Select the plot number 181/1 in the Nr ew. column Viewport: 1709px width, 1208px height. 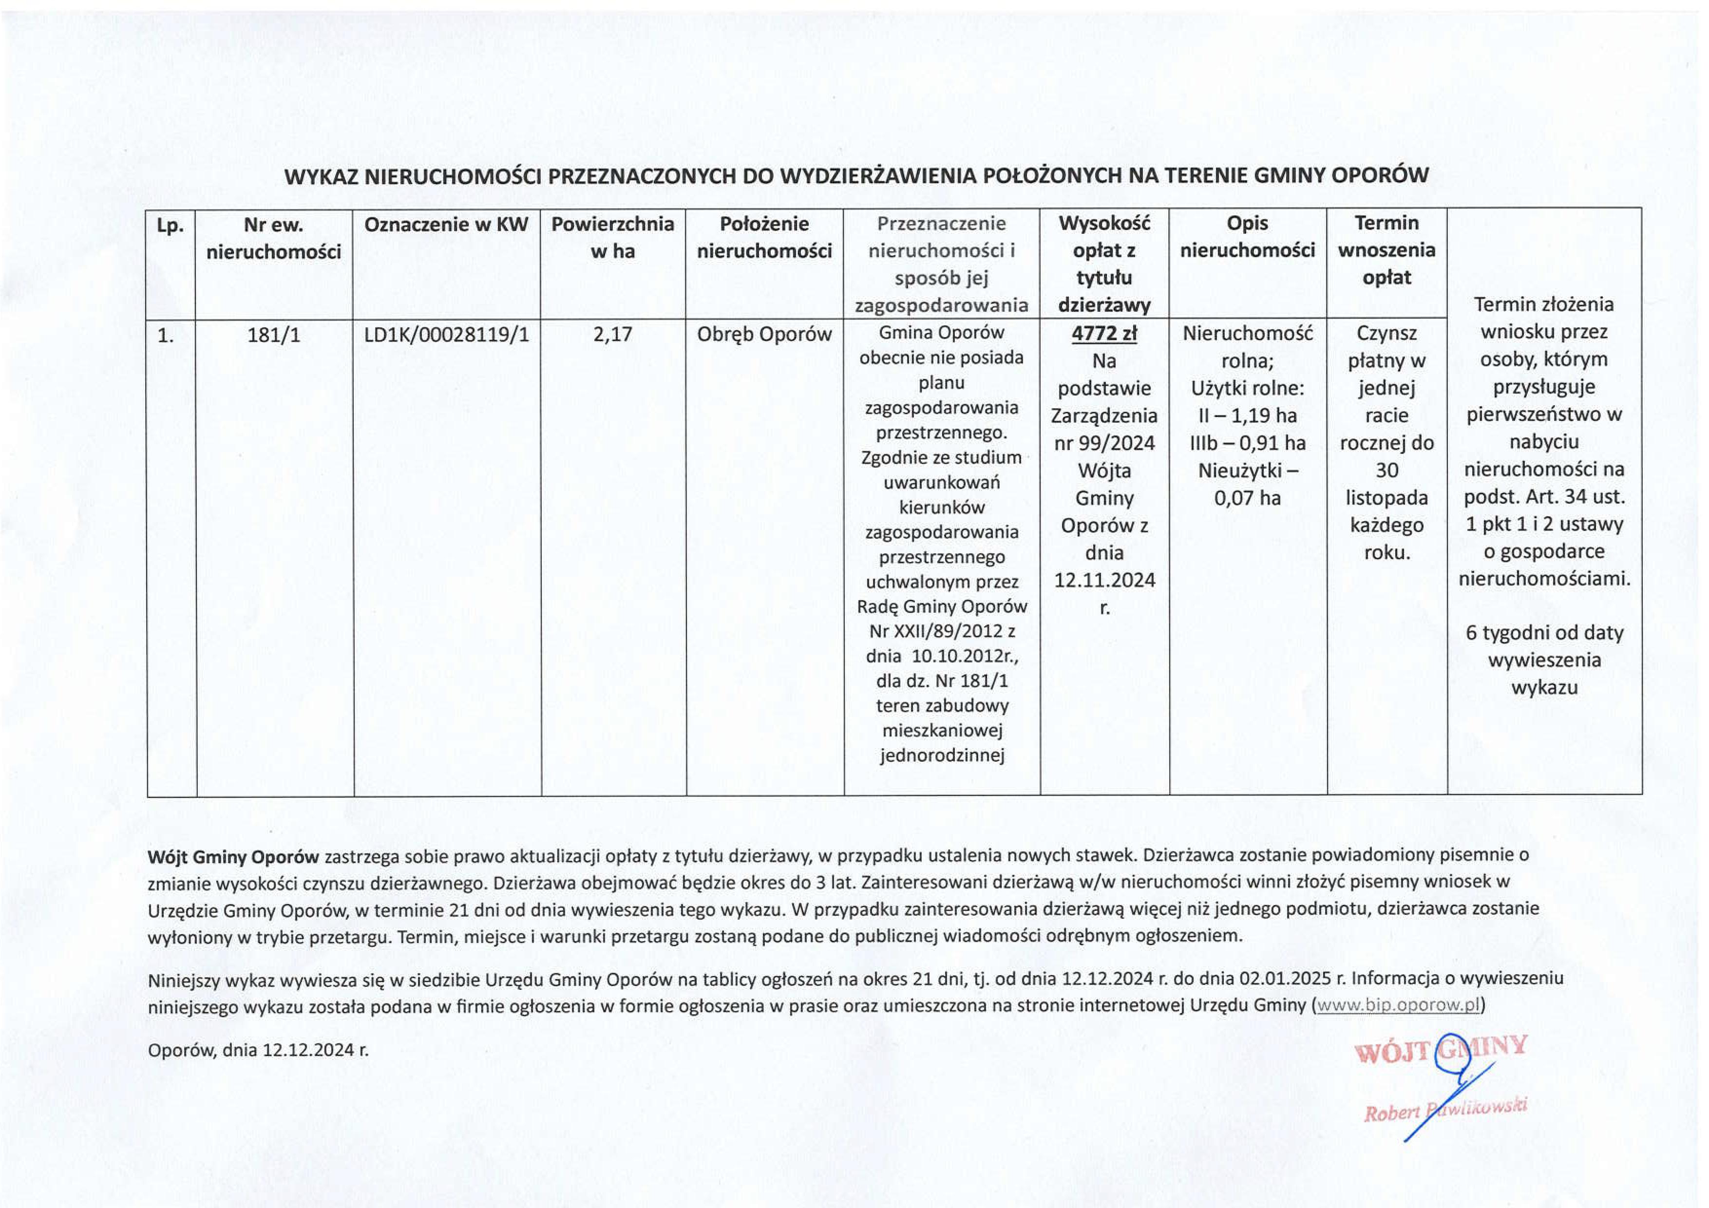tap(274, 335)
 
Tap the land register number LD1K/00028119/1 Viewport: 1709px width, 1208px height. tap(447, 335)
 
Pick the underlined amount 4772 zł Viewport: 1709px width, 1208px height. tap(1104, 334)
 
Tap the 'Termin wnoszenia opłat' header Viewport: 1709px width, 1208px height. tap(1386, 250)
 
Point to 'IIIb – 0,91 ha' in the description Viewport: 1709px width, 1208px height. tap(1248, 443)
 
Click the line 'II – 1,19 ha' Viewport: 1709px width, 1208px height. tap(1248, 415)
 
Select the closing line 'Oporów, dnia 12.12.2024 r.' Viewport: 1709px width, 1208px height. tap(258, 1050)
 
